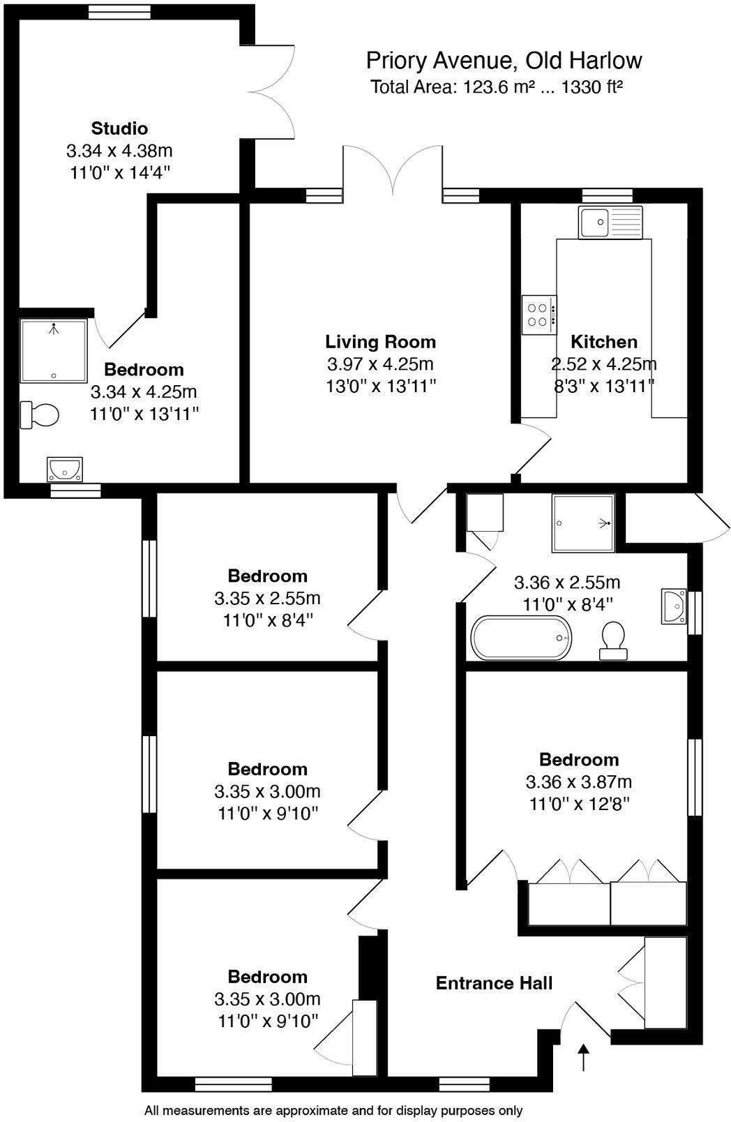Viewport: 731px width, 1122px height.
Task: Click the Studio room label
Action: pos(119,128)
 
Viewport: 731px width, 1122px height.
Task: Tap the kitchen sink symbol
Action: pos(610,223)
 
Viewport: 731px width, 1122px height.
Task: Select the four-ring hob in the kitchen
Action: pos(539,315)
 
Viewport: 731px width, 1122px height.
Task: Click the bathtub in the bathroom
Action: pos(521,638)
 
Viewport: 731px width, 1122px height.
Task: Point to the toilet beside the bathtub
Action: pos(613,640)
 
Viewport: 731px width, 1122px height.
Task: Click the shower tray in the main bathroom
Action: pos(583,523)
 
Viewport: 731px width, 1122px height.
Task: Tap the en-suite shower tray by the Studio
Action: pos(54,350)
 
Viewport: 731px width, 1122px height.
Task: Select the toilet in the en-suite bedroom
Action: pos(40,414)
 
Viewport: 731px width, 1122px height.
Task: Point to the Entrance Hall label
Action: pos(494,983)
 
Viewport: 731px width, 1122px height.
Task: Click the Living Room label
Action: pos(380,342)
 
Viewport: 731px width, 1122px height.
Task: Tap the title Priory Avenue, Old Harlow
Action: pos(504,61)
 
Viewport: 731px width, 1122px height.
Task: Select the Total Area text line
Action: pos(496,87)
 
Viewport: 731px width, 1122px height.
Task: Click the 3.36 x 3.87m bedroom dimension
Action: pos(579,781)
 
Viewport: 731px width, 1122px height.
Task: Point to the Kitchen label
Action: pos(604,342)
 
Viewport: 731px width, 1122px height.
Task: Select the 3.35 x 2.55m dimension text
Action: pos(267,598)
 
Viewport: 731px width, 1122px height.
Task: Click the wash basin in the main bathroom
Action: pos(674,606)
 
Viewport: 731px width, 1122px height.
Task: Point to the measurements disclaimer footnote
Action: pos(333,1110)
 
